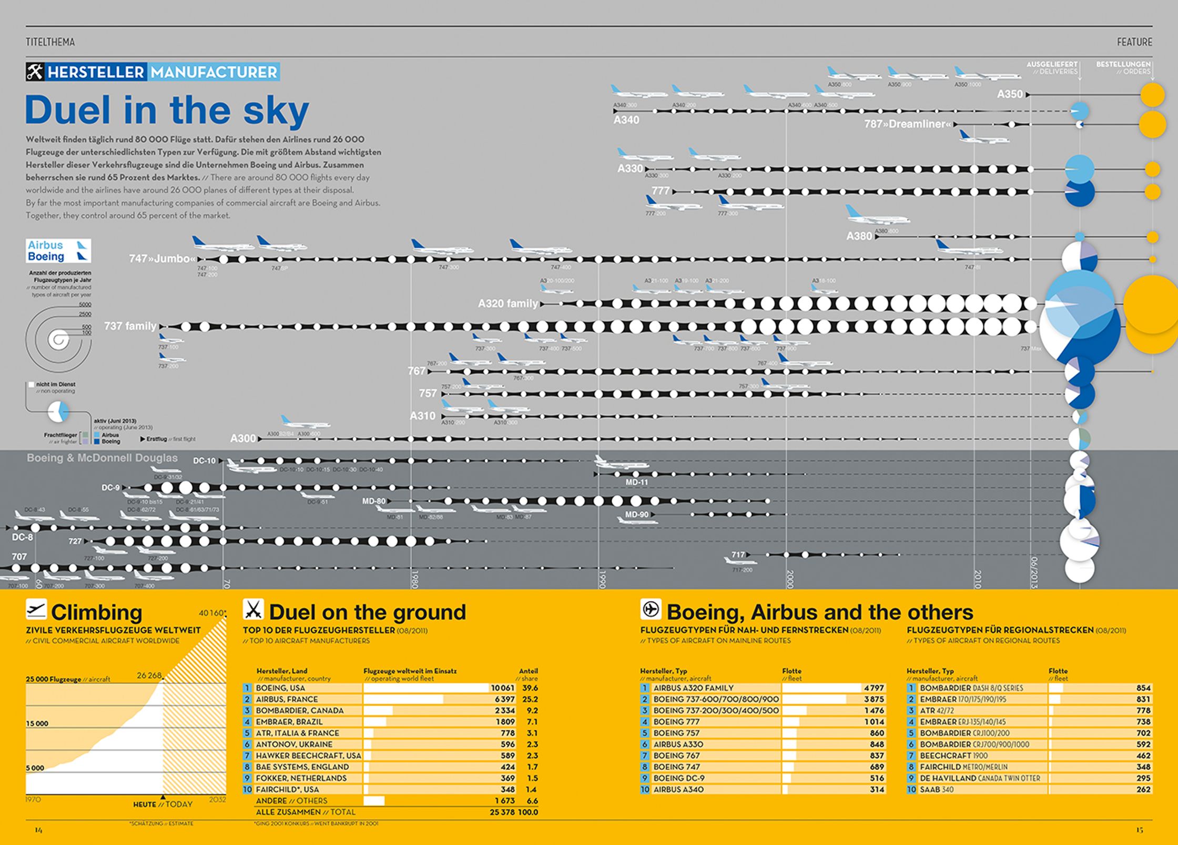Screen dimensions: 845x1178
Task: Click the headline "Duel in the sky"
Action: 167,110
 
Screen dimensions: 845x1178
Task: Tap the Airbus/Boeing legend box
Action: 58,251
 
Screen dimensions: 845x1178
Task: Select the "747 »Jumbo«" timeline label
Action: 163,259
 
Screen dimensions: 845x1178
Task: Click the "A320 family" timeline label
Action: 508,304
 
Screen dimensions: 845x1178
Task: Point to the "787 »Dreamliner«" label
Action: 908,125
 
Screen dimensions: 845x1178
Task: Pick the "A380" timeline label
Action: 859,236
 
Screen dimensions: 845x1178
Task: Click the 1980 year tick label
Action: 414,579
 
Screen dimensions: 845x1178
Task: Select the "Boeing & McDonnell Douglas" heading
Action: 102,458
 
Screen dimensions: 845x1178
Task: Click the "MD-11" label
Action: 636,482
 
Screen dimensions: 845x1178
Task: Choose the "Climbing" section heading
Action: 97,612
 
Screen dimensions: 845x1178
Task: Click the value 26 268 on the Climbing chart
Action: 149,675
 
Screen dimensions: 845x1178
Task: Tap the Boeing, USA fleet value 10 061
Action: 502,688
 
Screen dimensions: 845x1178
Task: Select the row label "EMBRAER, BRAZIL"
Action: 289,722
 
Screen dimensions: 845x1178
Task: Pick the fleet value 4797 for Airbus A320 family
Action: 874,688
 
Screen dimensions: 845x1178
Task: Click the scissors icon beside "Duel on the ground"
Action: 253,610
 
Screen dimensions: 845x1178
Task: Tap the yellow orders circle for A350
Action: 1152,95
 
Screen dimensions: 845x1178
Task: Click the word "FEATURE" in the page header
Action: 1134,42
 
